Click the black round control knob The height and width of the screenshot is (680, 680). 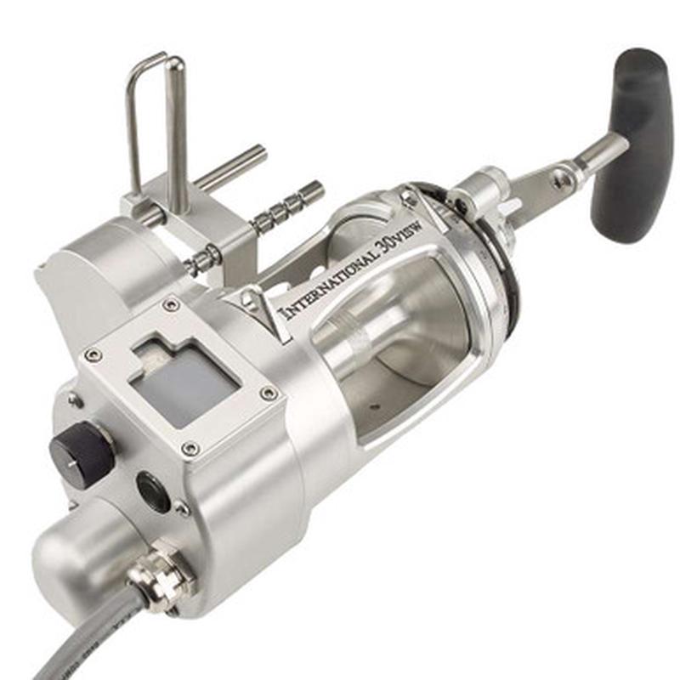click(82, 456)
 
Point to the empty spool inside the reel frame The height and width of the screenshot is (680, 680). click(399, 340)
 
